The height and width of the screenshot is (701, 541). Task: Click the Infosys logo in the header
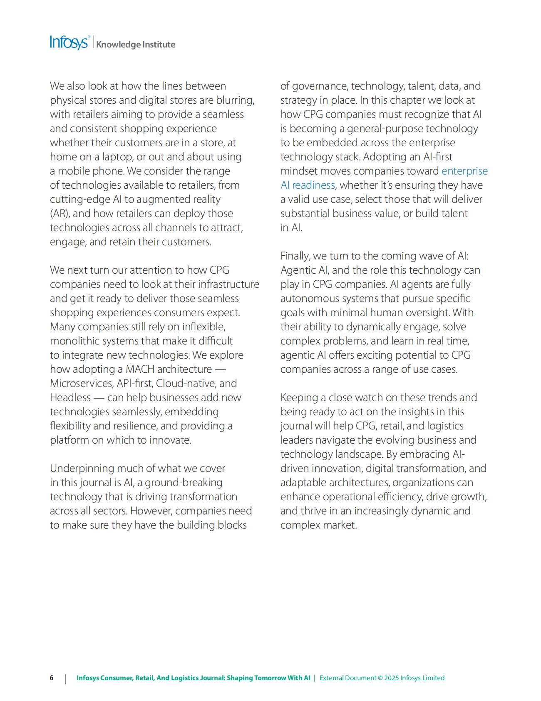(x=69, y=43)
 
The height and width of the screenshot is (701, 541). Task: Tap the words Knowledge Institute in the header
(x=136, y=45)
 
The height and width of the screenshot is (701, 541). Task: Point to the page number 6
(x=52, y=678)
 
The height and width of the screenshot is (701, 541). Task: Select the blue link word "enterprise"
(x=464, y=171)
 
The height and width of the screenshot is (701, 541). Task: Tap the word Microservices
(x=81, y=383)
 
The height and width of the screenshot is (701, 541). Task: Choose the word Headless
(x=70, y=397)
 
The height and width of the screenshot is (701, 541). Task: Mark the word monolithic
(x=73, y=341)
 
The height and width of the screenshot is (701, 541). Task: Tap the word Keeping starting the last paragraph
(x=299, y=397)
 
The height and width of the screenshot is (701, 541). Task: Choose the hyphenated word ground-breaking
(x=183, y=482)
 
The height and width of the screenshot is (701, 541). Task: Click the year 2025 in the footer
(x=391, y=678)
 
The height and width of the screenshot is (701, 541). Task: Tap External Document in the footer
(x=347, y=678)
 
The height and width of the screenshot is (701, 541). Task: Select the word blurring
(x=235, y=100)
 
